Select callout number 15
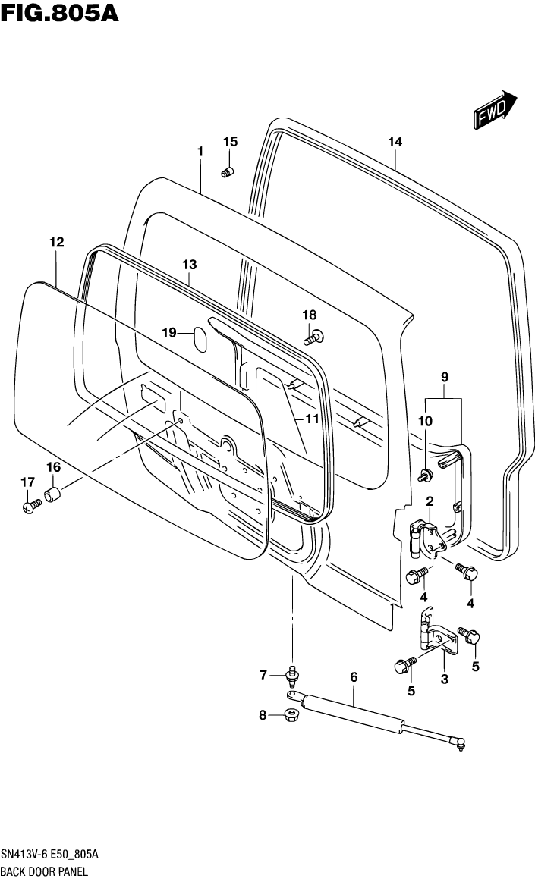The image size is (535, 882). tap(230, 142)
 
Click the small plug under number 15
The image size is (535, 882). tap(227, 173)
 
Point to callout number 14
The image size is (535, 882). tap(395, 142)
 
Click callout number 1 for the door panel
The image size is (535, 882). tap(200, 152)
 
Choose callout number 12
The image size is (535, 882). tap(57, 243)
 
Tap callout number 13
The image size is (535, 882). tap(189, 265)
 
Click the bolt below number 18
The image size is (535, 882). tap(314, 334)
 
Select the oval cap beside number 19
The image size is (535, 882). tap(200, 339)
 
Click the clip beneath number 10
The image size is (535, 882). tap(426, 476)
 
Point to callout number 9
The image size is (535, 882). tap(445, 377)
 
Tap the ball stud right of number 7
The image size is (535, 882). tap(291, 673)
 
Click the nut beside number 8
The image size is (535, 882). tap(291, 714)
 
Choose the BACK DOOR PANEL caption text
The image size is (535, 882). tap(46, 872)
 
